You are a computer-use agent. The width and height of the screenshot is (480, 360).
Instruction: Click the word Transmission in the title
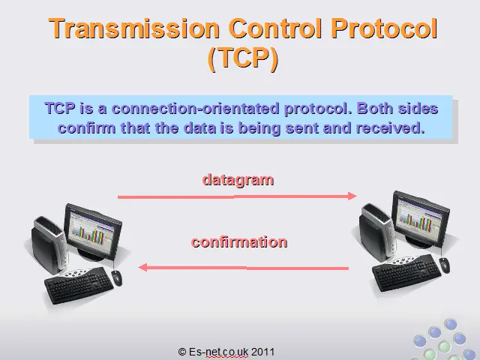pyautogui.click(x=134, y=28)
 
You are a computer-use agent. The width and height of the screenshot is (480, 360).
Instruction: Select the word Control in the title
pyautogui.click(x=275, y=28)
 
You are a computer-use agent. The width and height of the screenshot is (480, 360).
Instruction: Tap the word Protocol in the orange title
pyautogui.click(x=384, y=28)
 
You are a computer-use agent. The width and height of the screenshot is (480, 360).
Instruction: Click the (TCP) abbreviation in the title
pyautogui.click(x=243, y=58)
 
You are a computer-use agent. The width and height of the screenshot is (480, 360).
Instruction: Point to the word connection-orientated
pyautogui.click(x=195, y=108)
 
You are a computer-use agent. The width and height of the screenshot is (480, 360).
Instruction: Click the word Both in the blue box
pyautogui.click(x=375, y=108)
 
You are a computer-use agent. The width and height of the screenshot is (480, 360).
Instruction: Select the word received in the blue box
pyautogui.click(x=390, y=127)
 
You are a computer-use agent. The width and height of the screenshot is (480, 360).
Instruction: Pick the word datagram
pyautogui.click(x=238, y=180)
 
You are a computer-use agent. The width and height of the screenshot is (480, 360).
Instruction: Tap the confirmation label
pyautogui.click(x=239, y=242)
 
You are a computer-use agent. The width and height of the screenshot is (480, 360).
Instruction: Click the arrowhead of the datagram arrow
pyautogui.click(x=352, y=196)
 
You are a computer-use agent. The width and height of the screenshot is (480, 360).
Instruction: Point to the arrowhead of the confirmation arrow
pyautogui.click(x=142, y=267)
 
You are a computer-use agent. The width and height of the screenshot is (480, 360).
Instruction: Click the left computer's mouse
pyautogui.click(x=117, y=277)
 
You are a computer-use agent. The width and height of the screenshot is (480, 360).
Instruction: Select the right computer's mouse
pyautogui.click(x=445, y=265)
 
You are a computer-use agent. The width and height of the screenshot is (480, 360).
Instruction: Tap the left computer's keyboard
pyautogui.click(x=79, y=285)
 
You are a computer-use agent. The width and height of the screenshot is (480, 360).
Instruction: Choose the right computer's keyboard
pyautogui.click(x=406, y=272)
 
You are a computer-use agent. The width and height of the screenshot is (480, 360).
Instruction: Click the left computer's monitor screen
pyautogui.click(x=91, y=232)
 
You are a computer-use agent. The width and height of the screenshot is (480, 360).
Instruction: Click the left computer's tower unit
pyautogui.click(x=48, y=245)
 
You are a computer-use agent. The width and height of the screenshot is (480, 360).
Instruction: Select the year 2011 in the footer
pyautogui.click(x=262, y=352)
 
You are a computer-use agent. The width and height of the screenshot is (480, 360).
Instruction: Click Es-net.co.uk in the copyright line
pyautogui.click(x=218, y=352)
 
